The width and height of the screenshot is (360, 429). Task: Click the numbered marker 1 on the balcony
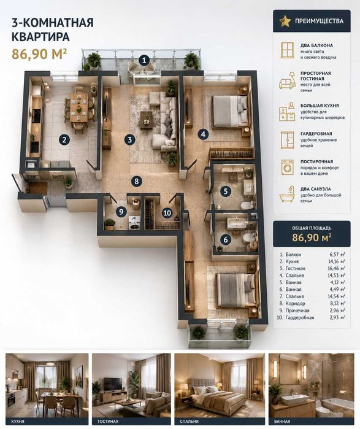(x=144, y=61)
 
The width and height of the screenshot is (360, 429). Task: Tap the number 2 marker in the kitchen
(x=64, y=140)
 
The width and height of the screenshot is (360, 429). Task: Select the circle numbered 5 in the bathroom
(x=226, y=191)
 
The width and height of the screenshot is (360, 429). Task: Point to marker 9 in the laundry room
(x=121, y=212)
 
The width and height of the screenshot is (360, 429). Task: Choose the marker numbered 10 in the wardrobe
(x=167, y=212)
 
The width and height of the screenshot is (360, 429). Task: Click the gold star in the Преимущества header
(x=285, y=21)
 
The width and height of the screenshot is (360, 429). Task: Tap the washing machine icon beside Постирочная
(x=287, y=167)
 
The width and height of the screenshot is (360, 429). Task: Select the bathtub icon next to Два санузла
(x=287, y=195)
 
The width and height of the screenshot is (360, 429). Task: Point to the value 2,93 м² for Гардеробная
(x=337, y=317)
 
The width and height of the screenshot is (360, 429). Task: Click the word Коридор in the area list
(x=295, y=303)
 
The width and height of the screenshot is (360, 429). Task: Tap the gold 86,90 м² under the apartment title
(x=39, y=54)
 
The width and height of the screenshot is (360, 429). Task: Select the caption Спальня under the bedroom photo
(x=189, y=422)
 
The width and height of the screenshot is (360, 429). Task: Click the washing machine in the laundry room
(x=134, y=223)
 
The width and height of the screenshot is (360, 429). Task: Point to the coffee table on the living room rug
(x=146, y=120)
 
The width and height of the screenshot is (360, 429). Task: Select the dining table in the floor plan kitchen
(x=79, y=107)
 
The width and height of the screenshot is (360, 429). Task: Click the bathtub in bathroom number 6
(x=237, y=222)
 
